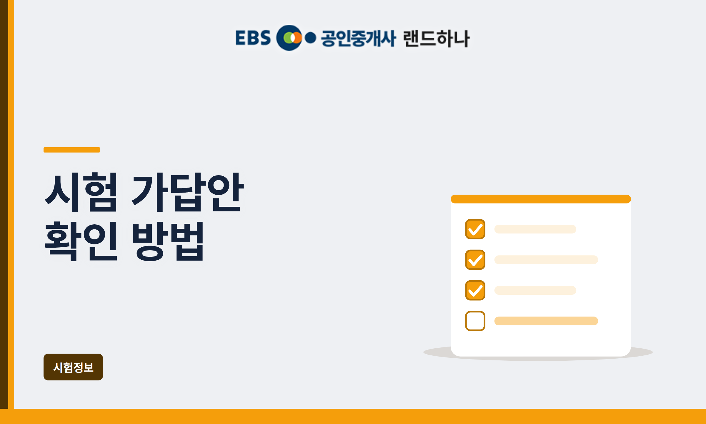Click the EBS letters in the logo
click(x=253, y=38)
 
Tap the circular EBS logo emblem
click(x=289, y=38)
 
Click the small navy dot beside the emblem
click(x=310, y=38)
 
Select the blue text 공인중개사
click(x=358, y=38)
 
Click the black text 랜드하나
click(x=436, y=38)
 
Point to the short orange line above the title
click(x=72, y=150)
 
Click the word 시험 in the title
click(x=81, y=192)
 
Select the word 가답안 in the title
click(x=187, y=192)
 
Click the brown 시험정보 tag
click(x=73, y=367)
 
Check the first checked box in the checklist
click(x=475, y=229)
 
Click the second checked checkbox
click(x=475, y=260)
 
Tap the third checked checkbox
click(x=475, y=290)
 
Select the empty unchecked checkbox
click(x=475, y=321)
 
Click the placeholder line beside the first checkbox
click(x=535, y=229)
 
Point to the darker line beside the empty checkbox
click(x=546, y=321)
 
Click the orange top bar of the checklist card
click(x=541, y=199)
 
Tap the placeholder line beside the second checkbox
click(x=546, y=260)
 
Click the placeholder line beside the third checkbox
click(x=535, y=290)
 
